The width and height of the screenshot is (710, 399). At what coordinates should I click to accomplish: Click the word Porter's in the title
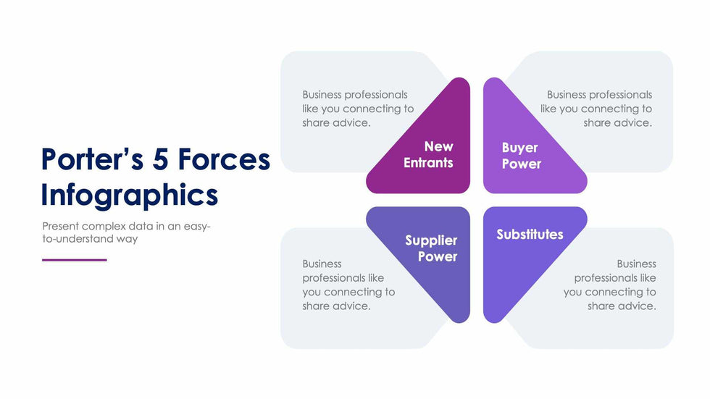(x=90, y=159)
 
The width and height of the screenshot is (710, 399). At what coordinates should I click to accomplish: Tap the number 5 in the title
(x=162, y=159)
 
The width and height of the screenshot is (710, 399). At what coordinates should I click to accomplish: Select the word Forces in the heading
(x=225, y=159)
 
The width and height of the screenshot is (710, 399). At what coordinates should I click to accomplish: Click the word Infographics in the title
(x=129, y=195)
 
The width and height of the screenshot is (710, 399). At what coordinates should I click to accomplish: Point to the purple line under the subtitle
(x=74, y=260)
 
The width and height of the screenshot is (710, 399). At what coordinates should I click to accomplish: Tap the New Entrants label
(x=428, y=155)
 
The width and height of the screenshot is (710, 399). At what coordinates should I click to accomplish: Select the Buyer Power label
(x=521, y=156)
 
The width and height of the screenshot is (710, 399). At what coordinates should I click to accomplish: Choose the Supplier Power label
(x=431, y=248)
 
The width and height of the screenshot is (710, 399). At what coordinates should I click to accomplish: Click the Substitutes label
(x=530, y=235)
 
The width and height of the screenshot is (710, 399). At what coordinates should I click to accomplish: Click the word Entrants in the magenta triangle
(x=428, y=163)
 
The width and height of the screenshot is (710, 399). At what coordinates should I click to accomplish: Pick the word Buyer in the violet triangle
(x=520, y=148)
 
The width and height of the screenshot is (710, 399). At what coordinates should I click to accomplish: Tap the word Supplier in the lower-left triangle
(x=431, y=240)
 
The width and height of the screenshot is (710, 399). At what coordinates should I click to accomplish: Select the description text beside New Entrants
(x=358, y=109)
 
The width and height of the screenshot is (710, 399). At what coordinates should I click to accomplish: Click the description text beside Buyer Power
(x=596, y=109)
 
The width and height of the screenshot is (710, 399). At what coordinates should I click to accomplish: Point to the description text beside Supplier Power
(x=348, y=285)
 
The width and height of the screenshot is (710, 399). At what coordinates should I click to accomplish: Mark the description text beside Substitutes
(x=610, y=285)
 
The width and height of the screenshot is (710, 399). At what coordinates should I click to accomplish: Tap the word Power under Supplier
(x=438, y=257)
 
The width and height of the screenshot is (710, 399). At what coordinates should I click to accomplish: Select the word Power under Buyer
(x=522, y=164)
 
